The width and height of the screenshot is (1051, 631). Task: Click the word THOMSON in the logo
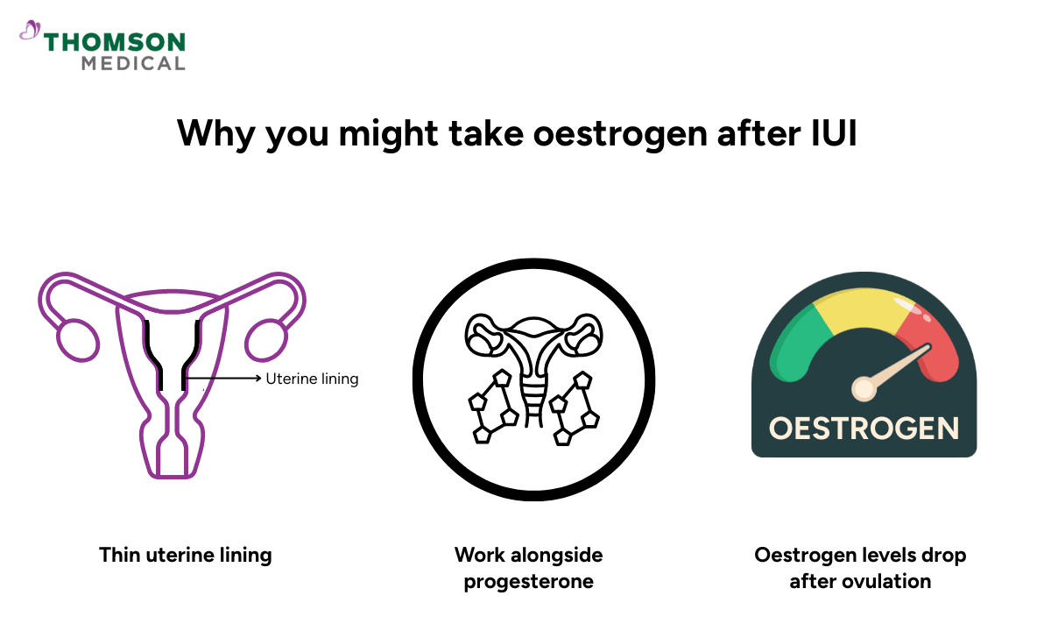click(x=114, y=42)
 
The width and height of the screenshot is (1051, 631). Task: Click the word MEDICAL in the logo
click(x=133, y=63)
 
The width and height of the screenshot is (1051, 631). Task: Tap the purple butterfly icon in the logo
click(x=30, y=32)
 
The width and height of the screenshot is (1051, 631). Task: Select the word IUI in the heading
click(x=834, y=133)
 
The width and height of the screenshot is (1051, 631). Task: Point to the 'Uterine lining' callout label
click(x=312, y=379)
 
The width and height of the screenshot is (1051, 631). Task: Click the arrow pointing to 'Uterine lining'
click(x=233, y=379)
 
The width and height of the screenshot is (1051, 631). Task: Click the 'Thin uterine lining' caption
click(x=185, y=555)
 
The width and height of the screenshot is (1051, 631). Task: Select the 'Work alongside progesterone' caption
click(x=528, y=567)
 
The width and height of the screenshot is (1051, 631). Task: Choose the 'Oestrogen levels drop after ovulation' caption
click(x=860, y=567)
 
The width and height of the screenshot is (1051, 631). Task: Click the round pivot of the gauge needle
click(x=864, y=386)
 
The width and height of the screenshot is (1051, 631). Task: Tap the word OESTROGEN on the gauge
click(x=864, y=429)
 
